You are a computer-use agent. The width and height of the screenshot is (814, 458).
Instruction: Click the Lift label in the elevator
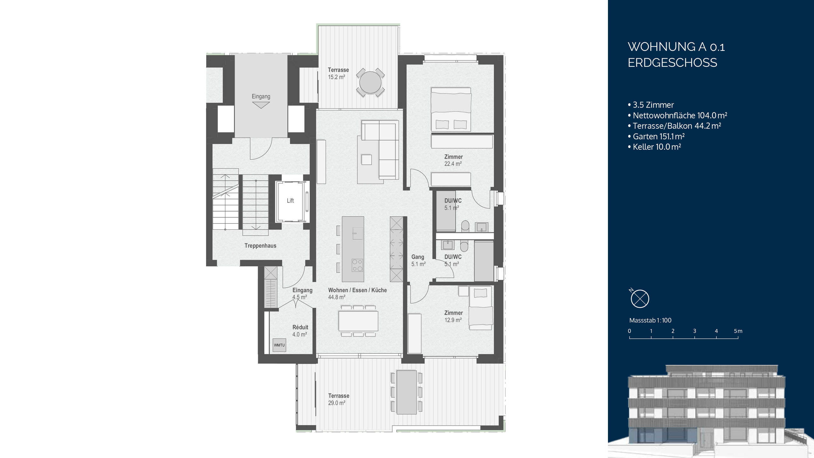point(290,201)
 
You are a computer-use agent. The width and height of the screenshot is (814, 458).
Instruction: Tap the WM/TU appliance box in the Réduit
point(279,345)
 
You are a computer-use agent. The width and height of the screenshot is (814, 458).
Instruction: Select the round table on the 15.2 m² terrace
point(370,82)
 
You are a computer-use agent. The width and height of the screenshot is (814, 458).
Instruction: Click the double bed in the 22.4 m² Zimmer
point(451,109)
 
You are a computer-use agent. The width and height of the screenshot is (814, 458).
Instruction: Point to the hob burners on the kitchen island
point(357,265)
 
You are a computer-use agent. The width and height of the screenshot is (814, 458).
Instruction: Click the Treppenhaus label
point(260,246)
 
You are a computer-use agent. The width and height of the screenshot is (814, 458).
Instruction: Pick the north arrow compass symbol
point(639,299)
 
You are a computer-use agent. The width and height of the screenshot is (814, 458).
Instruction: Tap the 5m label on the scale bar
point(738,331)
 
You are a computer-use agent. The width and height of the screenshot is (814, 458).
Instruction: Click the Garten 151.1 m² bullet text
point(658,136)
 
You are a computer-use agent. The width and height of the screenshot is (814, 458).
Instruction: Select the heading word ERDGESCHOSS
point(672,63)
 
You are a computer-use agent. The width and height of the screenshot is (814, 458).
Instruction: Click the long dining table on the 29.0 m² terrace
point(406,392)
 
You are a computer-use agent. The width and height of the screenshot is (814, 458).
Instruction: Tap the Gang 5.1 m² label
point(418,260)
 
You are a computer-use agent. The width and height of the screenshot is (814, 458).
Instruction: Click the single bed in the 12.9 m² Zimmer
point(480,309)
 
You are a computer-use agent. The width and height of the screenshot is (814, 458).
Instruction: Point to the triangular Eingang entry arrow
point(261,105)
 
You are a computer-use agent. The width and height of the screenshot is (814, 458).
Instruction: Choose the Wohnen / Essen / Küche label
point(357,290)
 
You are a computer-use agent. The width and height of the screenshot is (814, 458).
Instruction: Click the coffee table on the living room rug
point(366,159)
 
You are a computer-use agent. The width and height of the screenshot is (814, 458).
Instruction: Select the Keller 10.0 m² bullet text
point(657,147)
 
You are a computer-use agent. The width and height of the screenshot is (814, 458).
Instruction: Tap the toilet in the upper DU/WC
point(465,226)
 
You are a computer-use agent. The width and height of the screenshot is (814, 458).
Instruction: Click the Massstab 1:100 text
point(650,320)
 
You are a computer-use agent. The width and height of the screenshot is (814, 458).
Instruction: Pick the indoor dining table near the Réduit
point(358,321)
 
